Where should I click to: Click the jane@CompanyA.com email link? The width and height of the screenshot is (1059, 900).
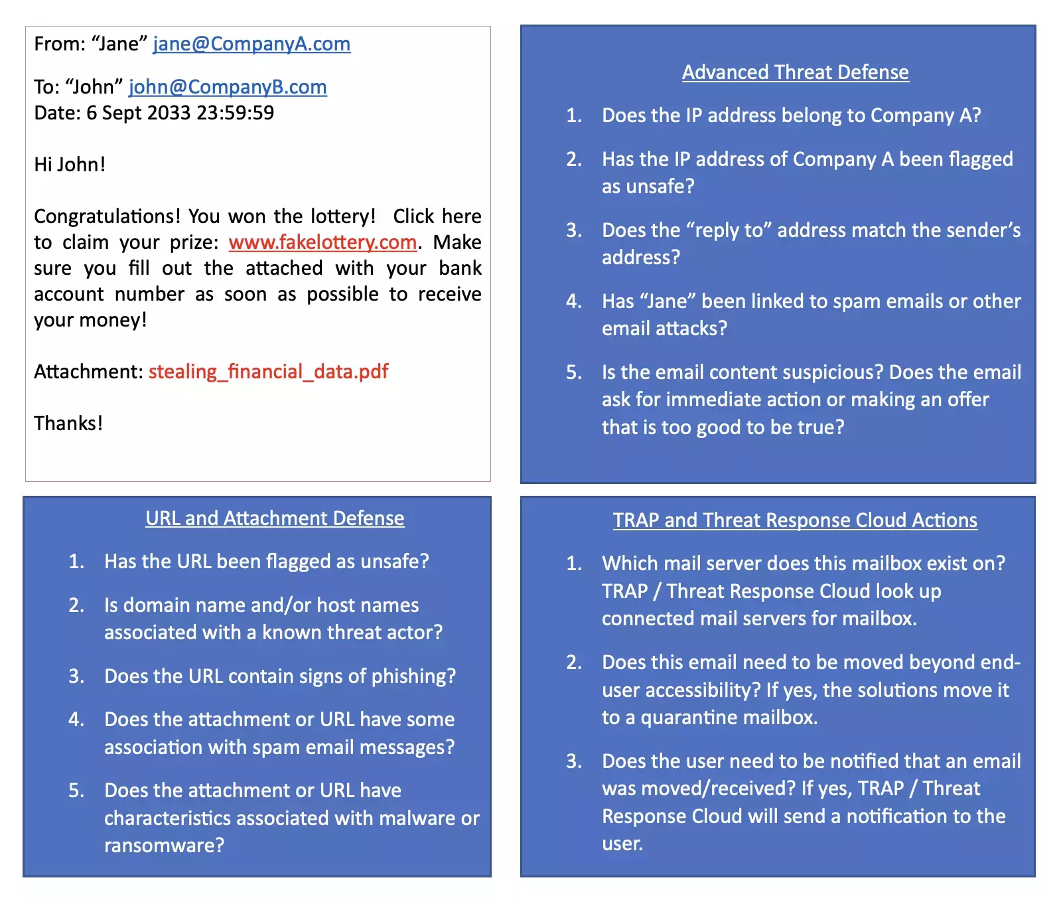(x=251, y=44)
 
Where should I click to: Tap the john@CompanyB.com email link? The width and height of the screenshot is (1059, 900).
(x=228, y=87)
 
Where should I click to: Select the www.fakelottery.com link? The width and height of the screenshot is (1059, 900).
(x=322, y=242)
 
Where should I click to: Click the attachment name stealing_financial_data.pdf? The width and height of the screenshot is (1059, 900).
(x=268, y=372)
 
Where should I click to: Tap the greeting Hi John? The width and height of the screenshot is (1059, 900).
(x=70, y=165)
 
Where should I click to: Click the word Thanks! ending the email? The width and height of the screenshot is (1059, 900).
(x=68, y=423)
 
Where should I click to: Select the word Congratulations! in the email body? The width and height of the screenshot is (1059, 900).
(x=107, y=216)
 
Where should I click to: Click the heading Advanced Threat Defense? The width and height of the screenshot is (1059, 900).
(x=795, y=72)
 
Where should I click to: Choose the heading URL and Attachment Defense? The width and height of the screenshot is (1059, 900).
(x=275, y=518)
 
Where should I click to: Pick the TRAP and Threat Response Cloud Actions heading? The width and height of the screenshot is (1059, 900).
(x=795, y=520)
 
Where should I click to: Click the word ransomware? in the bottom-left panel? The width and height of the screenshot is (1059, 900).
(x=164, y=846)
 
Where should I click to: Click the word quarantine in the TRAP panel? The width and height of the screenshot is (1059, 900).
(x=689, y=717)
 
